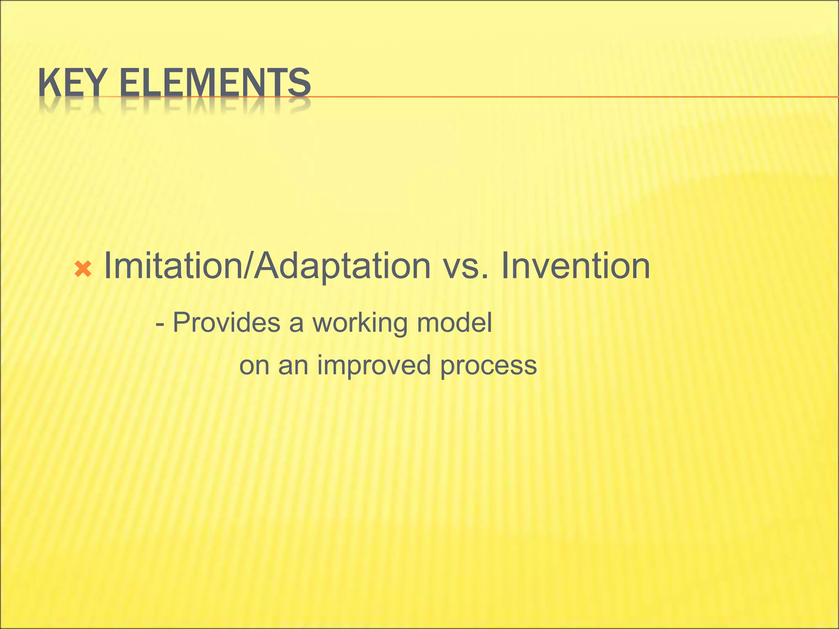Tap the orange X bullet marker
pos(83,269)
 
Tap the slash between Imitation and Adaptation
pos(249,266)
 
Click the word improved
pos(374,365)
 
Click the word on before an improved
pos(254,365)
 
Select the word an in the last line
pos(293,365)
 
